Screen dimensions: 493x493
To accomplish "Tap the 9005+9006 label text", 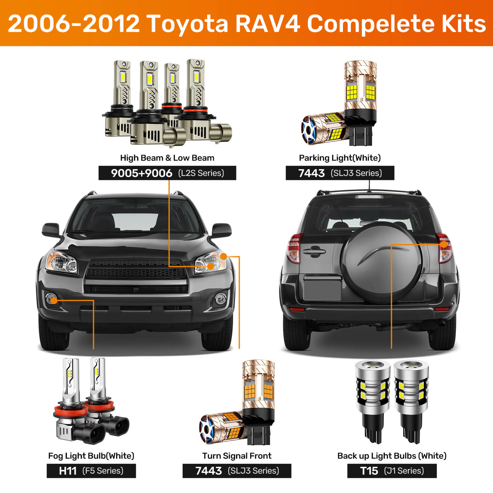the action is click(141, 173).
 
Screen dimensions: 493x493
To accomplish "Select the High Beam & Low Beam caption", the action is click(167, 158).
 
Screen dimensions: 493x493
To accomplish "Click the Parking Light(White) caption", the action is click(340, 158).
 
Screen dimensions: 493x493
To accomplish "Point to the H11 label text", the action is click(68, 471).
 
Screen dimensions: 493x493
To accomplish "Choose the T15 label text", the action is click(369, 471).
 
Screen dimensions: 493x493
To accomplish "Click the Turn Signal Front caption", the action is click(237, 456).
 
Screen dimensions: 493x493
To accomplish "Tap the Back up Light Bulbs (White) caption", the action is click(392, 456).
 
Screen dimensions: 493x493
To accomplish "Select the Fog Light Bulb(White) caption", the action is click(91, 456).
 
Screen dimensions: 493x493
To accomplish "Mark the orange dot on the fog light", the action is click(54, 300).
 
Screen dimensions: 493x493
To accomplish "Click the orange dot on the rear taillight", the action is click(444, 244).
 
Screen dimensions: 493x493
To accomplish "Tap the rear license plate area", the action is click(322, 288).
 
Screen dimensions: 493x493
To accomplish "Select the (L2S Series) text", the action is click(201, 173).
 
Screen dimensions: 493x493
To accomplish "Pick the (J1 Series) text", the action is click(404, 471).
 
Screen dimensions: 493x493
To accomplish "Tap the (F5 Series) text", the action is click(103, 471).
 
